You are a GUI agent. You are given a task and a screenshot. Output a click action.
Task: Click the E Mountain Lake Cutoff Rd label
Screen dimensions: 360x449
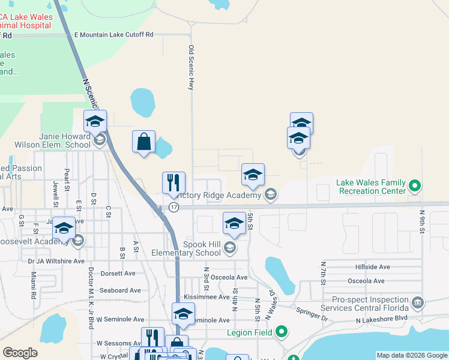tap(113, 35)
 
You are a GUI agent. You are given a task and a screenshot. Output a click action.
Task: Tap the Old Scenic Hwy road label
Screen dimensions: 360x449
tap(191, 68)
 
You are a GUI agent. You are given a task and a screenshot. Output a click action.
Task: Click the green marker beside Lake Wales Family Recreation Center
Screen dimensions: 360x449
tap(414, 184)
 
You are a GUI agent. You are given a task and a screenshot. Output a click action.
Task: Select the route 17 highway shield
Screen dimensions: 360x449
tap(173, 206)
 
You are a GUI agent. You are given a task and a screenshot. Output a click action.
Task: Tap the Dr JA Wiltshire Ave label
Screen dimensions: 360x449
tap(56, 261)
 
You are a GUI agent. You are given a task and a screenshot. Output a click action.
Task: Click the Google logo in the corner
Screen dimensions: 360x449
tap(20, 353)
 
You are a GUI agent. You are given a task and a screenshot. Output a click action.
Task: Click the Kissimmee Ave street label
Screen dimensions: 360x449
tap(206, 297)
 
